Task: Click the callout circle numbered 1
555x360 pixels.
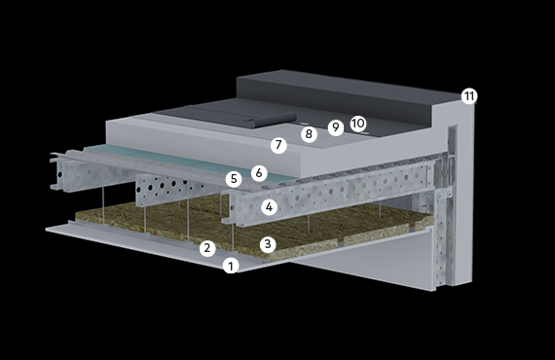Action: coord(231,266)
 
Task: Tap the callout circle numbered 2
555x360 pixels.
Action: coord(207,248)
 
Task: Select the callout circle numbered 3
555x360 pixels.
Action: coord(268,244)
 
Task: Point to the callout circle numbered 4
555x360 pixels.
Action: coord(270,207)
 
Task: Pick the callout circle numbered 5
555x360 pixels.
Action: coord(234,179)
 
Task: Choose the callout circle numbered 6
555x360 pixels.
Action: coord(259,173)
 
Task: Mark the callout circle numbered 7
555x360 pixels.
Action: coord(278,145)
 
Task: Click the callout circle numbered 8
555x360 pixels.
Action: coord(309,134)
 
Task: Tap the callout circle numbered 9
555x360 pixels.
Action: coord(336,126)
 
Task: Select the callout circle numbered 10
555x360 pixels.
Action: coord(358,124)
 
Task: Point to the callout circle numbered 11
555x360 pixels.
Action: coord(469,96)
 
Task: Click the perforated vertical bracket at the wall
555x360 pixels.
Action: coord(443,237)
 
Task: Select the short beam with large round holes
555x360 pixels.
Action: coord(169,189)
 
